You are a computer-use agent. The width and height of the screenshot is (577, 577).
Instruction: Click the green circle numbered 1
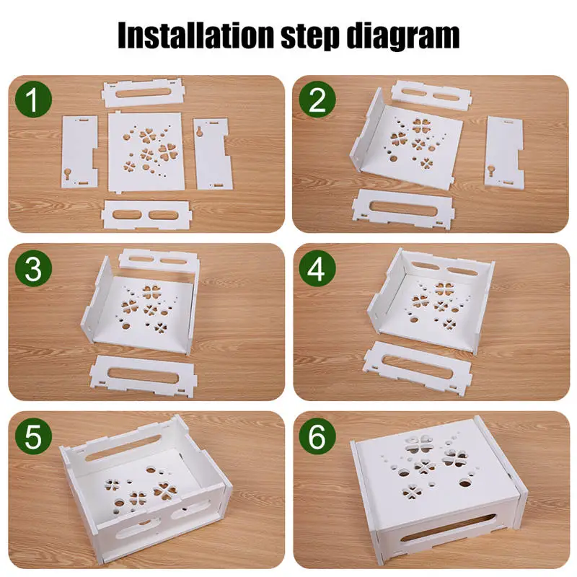(33, 100)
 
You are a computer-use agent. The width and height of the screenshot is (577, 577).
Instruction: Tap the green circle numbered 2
(317, 100)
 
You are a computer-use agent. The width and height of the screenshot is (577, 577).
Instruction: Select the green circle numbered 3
(33, 268)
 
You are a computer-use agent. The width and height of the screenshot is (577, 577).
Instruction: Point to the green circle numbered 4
(317, 268)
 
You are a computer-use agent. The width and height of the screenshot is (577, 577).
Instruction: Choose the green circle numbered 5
(33, 436)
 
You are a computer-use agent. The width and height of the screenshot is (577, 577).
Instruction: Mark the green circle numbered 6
(317, 436)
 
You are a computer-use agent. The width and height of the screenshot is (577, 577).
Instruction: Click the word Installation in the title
(196, 35)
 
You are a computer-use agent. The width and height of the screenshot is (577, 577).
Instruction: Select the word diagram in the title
(403, 36)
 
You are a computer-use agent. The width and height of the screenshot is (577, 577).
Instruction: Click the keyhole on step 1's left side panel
(69, 173)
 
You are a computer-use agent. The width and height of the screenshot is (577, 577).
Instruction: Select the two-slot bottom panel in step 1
(146, 214)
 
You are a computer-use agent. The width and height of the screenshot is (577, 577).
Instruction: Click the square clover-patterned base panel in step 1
(146, 151)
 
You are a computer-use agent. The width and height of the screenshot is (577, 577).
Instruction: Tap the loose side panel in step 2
(504, 151)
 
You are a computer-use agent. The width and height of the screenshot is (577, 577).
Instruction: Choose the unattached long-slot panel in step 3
(144, 376)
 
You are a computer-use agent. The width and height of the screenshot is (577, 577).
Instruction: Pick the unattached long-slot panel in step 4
(418, 368)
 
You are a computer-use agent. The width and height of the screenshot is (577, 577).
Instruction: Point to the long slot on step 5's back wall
(124, 448)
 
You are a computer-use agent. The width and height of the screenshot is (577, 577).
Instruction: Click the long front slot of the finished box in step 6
(447, 528)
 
